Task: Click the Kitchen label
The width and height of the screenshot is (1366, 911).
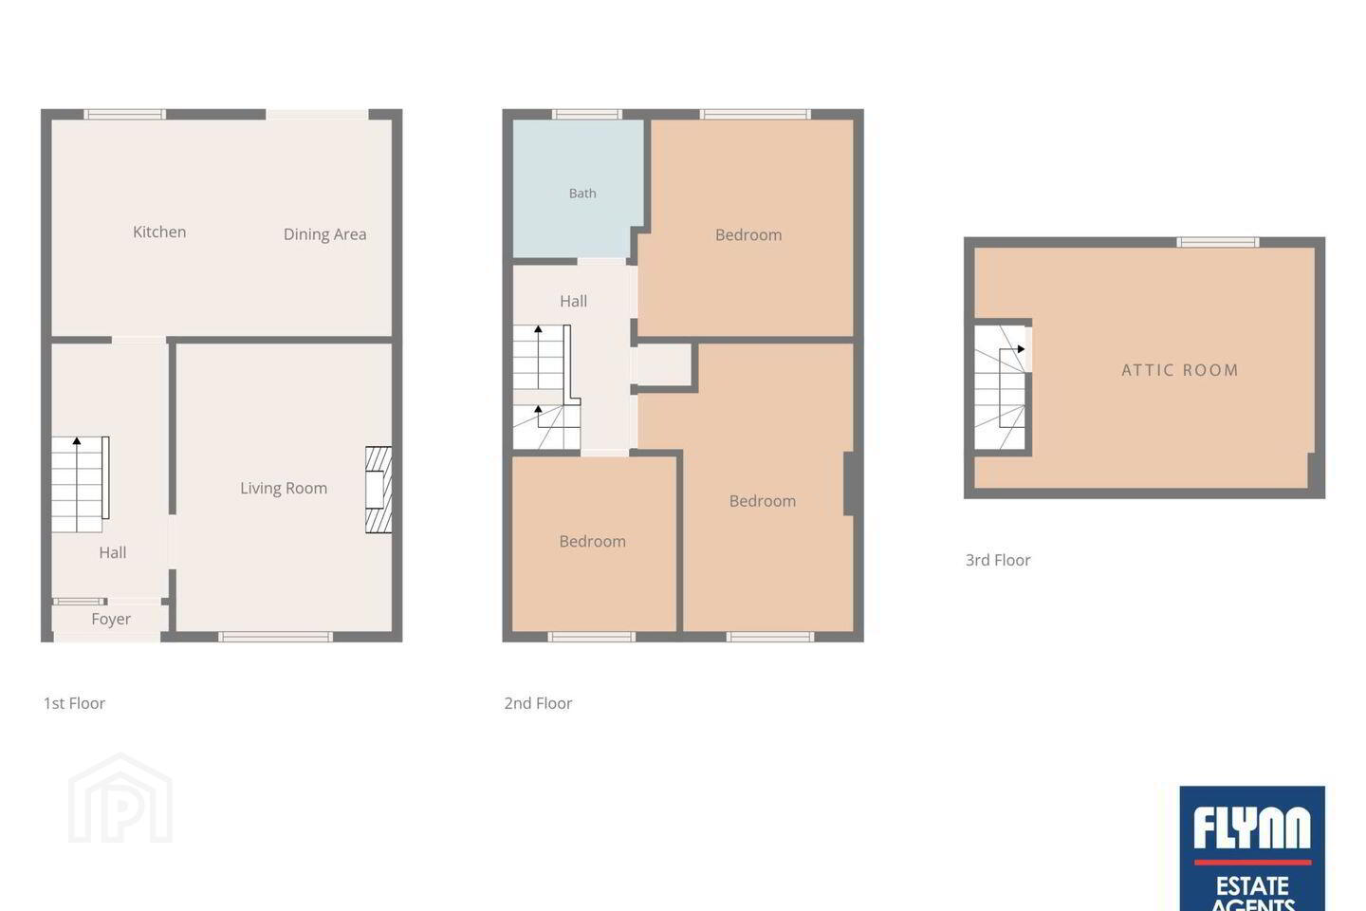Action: (159, 232)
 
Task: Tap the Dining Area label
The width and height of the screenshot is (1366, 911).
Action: (325, 234)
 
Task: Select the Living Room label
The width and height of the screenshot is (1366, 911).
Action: (284, 488)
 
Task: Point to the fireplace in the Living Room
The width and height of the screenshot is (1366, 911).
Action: (378, 490)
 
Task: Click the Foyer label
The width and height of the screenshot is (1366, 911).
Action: (111, 620)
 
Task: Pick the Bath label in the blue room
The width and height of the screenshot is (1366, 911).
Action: (582, 194)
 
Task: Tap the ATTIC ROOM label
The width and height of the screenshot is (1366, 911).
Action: (1180, 370)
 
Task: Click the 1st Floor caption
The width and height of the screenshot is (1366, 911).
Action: (74, 703)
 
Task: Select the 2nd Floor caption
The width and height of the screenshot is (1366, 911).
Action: (538, 703)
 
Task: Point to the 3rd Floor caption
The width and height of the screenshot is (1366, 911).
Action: (998, 560)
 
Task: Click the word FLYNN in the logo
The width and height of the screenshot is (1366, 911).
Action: (1252, 827)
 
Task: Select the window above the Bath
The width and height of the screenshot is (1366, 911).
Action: (587, 114)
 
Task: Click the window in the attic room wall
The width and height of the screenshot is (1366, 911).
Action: (1218, 242)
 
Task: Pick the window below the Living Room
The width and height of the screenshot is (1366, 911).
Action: (276, 637)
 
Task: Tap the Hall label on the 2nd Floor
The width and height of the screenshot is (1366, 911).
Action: (573, 302)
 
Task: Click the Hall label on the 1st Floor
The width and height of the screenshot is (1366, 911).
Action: (113, 553)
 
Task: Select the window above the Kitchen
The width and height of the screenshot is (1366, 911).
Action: (124, 114)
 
